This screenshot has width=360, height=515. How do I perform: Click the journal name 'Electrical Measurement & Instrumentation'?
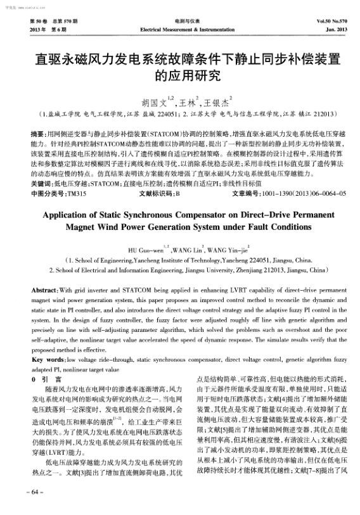179,30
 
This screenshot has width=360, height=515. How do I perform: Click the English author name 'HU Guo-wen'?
150,250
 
